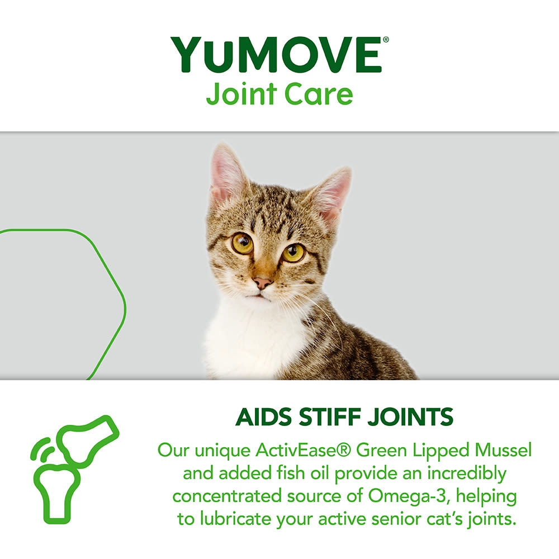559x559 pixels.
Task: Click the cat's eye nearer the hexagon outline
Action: click(x=242, y=243)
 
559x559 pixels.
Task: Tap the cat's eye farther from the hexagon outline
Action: click(x=293, y=253)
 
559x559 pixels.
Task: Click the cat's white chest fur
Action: click(x=252, y=341)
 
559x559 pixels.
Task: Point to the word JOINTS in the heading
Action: click(x=411, y=418)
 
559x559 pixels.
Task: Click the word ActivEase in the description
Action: click(x=290, y=450)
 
